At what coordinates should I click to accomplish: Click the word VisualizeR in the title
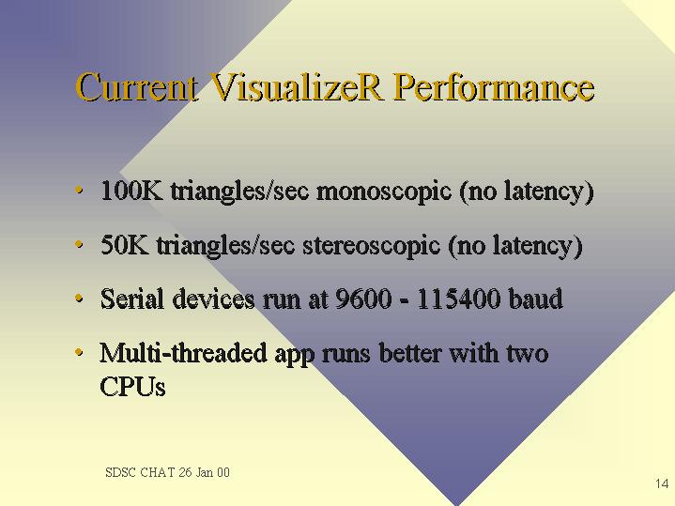click(x=297, y=87)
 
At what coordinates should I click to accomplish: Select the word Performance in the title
click(x=494, y=87)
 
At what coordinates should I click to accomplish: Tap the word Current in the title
click(x=137, y=87)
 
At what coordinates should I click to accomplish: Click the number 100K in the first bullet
click(x=131, y=191)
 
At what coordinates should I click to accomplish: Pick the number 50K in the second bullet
click(x=125, y=245)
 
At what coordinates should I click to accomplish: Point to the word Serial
click(x=132, y=298)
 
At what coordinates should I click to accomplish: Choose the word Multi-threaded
click(x=183, y=353)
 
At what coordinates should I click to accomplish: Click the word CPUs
click(x=132, y=386)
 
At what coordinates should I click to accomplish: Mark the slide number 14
click(x=662, y=483)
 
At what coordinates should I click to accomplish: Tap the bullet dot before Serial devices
click(x=78, y=298)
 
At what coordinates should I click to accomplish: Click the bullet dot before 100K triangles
click(x=78, y=190)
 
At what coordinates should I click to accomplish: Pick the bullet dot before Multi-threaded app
click(x=78, y=352)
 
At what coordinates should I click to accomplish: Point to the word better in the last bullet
click(x=410, y=353)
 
